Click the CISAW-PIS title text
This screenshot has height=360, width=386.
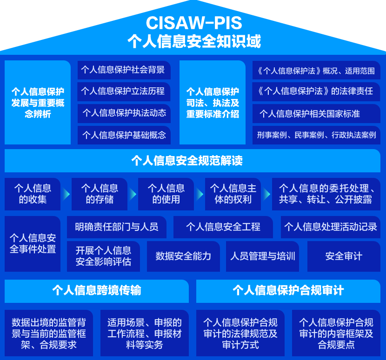point(193,23)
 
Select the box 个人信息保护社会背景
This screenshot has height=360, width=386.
point(123,70)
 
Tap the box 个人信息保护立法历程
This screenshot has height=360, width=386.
point(123,92)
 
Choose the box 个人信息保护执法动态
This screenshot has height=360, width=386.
point(123,113)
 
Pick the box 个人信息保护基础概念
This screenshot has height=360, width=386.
point(123,135)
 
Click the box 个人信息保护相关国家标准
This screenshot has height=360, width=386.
point(316,113)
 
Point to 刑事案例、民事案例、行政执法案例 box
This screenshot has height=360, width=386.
point(316,135)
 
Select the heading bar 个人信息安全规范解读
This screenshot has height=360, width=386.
point(193,161)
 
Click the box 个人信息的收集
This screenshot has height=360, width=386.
point(33,194)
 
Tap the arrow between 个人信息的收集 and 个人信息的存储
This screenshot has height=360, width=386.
point(66,194)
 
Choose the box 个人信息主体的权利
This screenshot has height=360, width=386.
point(233,194)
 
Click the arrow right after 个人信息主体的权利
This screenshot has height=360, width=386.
point(267,194)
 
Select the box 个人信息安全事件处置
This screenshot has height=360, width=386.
point(33,243)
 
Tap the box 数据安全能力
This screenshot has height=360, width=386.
point(183,256)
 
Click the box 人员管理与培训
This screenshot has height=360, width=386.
point(263,256)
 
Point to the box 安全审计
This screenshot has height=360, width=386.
point(344,256)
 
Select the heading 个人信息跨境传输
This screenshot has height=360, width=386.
point(97,291)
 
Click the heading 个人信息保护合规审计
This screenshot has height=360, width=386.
point(288,291)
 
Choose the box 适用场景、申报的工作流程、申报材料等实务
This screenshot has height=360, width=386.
point(145,333)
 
